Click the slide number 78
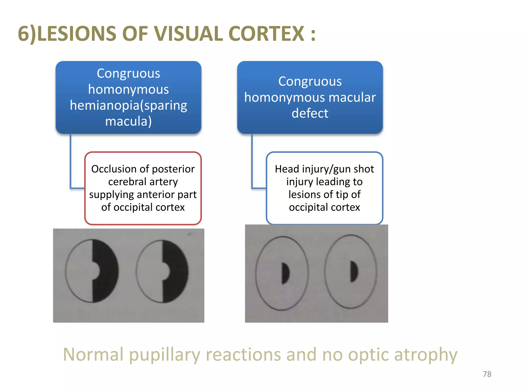coord(487,374)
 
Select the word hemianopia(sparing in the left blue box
coord(128,105)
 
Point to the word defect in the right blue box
coord(310,113)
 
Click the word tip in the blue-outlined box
coord(342,194)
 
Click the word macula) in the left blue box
coord(128,121)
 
